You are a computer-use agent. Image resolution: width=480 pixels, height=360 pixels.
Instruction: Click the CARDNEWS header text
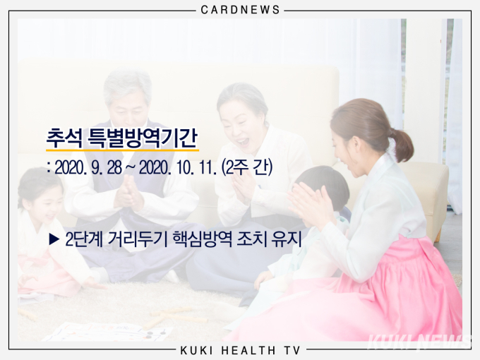[240, 10]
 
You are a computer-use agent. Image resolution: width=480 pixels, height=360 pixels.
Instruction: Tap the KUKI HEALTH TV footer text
[240, 350]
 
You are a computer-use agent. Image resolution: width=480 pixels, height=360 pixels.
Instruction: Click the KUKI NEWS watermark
[420, 342]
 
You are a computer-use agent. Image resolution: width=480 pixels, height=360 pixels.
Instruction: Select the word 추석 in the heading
[64, 138]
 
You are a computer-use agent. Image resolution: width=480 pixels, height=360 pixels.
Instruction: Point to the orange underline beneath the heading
[122, 150]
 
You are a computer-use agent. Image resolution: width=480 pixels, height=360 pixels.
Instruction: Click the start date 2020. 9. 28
[88, 168]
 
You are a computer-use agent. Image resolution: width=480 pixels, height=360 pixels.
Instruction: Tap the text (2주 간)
[247, 168]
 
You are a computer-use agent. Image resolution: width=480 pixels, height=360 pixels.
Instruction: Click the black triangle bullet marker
[54, 239]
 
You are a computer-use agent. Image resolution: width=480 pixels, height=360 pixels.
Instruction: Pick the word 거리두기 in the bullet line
[138, 239]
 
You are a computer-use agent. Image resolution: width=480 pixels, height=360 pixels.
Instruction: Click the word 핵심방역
[203, 239]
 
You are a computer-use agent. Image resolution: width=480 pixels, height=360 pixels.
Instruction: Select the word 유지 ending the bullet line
[287, 239]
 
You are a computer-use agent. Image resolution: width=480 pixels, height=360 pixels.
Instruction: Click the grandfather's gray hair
[127, 84]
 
